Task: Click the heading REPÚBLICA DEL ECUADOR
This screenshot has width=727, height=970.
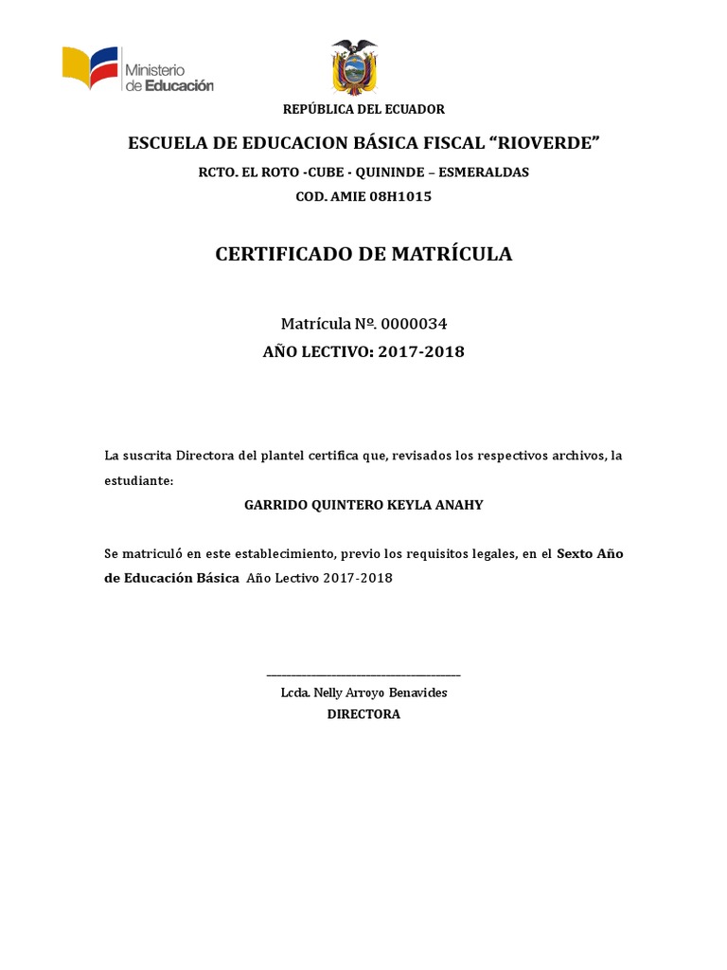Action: click(363, 110)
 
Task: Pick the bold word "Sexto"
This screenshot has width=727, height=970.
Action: click(577, 553)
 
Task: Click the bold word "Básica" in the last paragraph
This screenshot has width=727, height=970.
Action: click(214, 578)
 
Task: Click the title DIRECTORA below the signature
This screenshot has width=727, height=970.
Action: click(363, 714)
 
